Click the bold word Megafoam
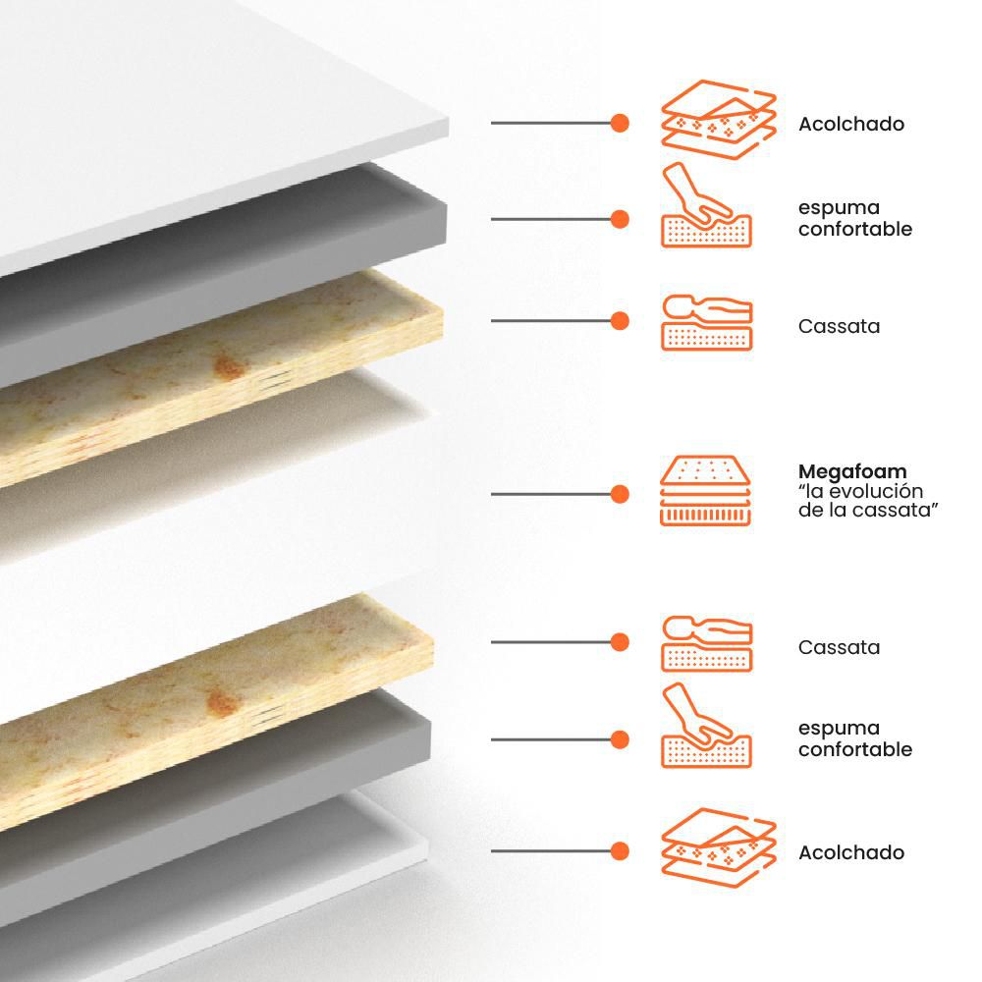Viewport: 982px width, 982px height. click(851, 471)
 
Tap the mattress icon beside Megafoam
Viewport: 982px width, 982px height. click(705, 490)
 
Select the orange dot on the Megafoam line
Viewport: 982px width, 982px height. click(620, 494)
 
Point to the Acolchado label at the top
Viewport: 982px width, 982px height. click(851, 124)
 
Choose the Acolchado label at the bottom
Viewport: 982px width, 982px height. click(851, 852)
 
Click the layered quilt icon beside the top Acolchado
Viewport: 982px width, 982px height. click(719, 120)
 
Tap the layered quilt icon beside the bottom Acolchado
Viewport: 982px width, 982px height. click(719, 848)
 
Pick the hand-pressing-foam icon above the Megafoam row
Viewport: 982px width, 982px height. click(706, 205)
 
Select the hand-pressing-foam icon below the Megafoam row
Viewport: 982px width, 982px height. click(706, 726)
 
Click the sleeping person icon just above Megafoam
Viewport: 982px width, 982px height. click(706, 322)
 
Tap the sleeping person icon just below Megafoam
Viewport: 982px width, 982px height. click(706, 644)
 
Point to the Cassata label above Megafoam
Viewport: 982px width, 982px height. click(839, 326)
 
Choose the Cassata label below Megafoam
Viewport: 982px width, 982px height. click(839, 647)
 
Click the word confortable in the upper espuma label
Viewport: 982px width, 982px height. click(855, 229)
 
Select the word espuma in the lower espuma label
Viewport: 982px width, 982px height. click(840, 729)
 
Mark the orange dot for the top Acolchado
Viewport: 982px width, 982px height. click(620, 124)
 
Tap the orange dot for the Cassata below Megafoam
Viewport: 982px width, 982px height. click(620, 642)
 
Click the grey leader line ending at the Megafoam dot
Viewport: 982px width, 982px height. click(551, 494)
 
